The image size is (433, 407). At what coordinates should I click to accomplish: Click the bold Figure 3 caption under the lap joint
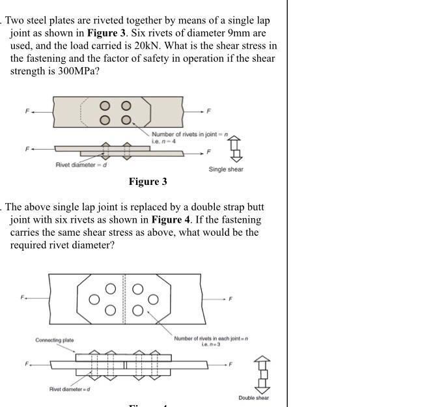[148, 182]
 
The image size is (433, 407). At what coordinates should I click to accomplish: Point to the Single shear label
[226, 170]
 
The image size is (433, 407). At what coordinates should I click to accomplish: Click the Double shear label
[253, 398]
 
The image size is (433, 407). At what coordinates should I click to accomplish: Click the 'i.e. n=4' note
[164, 141]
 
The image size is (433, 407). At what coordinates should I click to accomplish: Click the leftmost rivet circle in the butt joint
[94, 300]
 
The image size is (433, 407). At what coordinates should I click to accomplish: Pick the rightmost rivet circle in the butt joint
[153, 300]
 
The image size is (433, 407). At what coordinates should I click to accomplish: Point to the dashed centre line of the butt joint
[124, 299]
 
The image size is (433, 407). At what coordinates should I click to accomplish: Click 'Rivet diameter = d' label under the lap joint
[81, 165]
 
